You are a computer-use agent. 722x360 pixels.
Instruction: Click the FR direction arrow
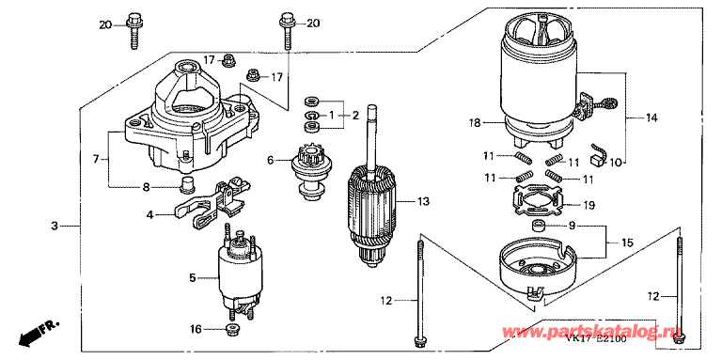[x=40, y=330]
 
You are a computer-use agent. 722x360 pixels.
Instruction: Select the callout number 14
[x=651, y=117]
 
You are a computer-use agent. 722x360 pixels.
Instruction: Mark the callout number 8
[x=146, y=186]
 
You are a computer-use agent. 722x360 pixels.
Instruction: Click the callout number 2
[x=356, y=115]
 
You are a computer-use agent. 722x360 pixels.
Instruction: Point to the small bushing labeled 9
[x=539, y=227]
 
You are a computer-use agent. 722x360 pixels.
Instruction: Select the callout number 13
[x=422, y=200]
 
